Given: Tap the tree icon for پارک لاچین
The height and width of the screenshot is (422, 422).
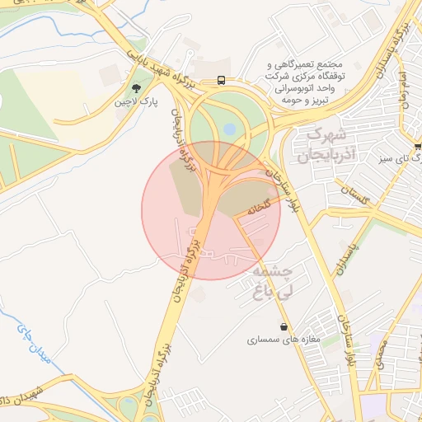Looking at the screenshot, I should (x=136, y=87).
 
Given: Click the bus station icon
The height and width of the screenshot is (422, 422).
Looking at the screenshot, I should (x=221, y=80).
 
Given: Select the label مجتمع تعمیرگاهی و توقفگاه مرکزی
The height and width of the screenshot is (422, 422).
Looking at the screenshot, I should (x=306, y=64).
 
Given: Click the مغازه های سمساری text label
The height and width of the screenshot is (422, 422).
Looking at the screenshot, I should (x=284, y=339).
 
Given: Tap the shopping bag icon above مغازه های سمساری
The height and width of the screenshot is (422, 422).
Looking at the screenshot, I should (x=284, y=326).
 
